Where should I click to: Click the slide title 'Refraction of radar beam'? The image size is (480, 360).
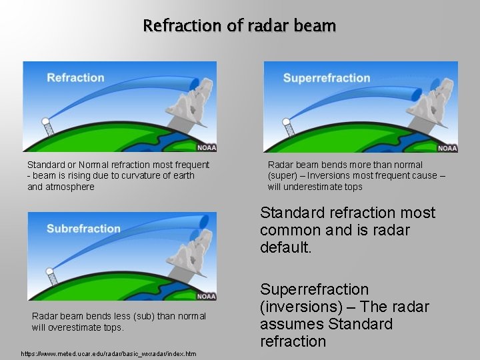click(x=239, y=26)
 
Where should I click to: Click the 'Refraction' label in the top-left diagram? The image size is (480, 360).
click(x=75, y=78)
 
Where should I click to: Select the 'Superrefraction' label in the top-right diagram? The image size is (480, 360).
click(x=326, y=78)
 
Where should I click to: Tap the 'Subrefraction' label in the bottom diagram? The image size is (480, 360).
click(x=83, y=229)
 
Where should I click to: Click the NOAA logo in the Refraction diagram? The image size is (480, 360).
click(x=206, y=147)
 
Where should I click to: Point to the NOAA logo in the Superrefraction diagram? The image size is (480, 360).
click(x=447, y=147)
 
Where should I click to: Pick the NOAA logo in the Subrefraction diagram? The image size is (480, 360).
click(x=206, y=296)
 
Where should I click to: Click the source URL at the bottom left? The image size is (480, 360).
click(x=109, y=353)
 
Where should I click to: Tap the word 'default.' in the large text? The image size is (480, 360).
click(x=287, y=247)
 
